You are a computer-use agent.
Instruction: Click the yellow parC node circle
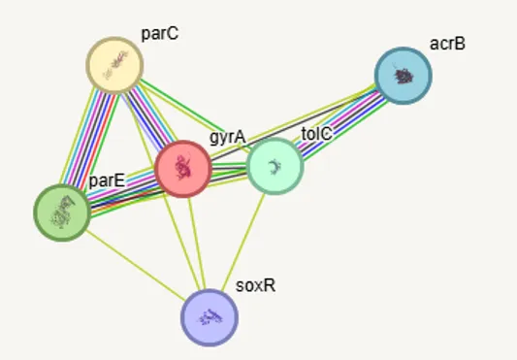point(114,65)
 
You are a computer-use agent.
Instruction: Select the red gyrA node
point(183,169)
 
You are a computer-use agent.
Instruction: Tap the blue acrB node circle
point(403,76)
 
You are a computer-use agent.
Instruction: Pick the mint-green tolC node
point(275,166)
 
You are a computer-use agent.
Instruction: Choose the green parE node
point(62,213)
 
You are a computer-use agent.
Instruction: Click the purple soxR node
point(210,317)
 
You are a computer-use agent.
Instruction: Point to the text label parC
point(160,34)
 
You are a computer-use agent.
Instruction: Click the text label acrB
point(447,44)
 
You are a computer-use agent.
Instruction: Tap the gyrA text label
point(228,137)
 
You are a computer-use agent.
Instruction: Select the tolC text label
point(316,134)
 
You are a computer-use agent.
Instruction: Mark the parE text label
point(107,180)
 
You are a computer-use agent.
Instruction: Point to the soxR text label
point(255,285)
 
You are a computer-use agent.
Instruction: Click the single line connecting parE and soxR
point(136,266)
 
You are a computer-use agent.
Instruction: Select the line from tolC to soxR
point(243,243)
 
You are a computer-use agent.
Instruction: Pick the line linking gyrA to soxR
point(197,244)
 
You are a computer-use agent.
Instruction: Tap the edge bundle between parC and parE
point(88,139)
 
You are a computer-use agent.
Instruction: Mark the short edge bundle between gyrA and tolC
point(229,168)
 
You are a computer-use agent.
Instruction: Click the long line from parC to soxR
point(163,191)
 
